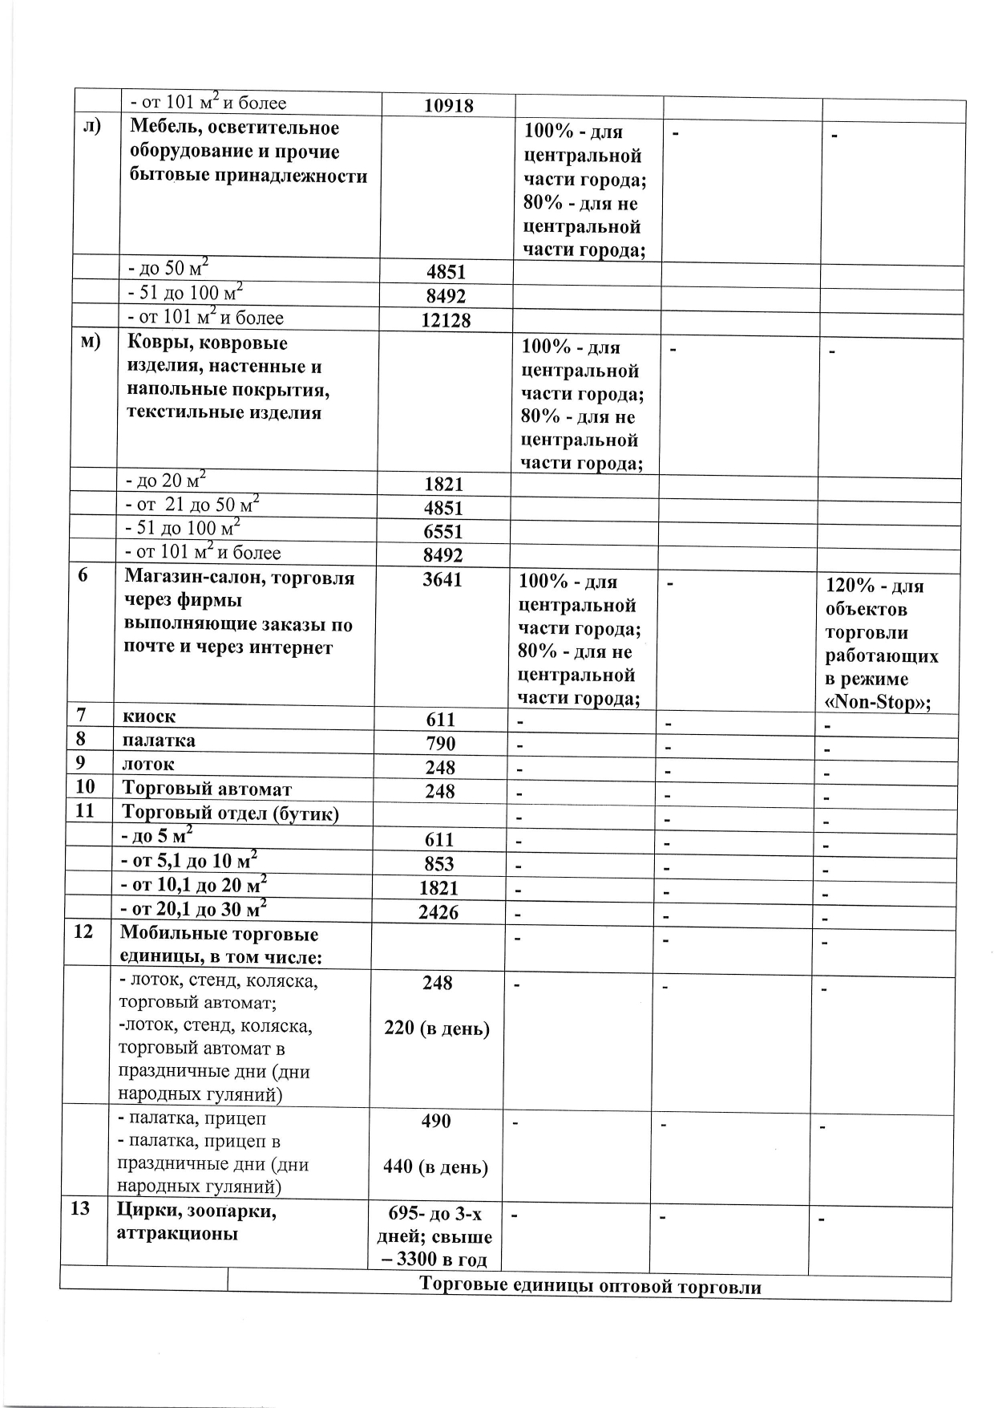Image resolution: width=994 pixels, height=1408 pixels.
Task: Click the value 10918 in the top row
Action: coord(448,105)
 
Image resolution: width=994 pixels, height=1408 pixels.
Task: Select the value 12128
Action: coord(446,320)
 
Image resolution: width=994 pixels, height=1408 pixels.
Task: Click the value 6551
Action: coord(443,531)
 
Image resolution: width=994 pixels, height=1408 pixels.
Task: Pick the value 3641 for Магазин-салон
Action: coord(442,579)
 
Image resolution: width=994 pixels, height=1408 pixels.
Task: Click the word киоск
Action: coord(148,716)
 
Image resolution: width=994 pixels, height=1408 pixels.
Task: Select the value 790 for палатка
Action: coord(441,743)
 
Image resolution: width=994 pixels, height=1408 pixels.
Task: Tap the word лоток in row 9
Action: coord(147,764)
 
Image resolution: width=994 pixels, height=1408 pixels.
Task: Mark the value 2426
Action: coord(438,911)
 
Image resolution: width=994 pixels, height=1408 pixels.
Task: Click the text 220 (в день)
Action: coord(437,1028)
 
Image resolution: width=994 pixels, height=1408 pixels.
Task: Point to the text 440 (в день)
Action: coord(436,1167)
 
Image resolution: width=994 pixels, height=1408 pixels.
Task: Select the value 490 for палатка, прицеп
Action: coord(436,1121)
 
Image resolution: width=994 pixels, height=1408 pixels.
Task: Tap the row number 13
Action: coord(80,1207)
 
